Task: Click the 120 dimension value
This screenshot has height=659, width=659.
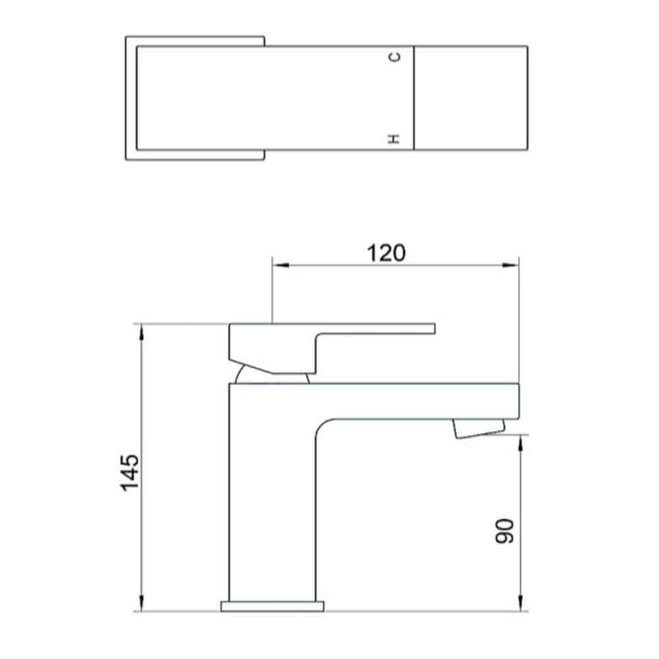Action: (x=387, y=252)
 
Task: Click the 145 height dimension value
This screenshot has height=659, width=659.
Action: (x=130, y=471)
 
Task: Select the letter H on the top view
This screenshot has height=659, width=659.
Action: (x=395, y=138)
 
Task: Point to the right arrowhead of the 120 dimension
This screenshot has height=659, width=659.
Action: (x=511, y=266)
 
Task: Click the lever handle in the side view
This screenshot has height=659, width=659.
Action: (x=277, y=346)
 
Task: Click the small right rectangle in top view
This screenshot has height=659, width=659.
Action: (x=471, y=98)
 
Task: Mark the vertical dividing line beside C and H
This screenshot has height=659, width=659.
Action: (x=414, y=98)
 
